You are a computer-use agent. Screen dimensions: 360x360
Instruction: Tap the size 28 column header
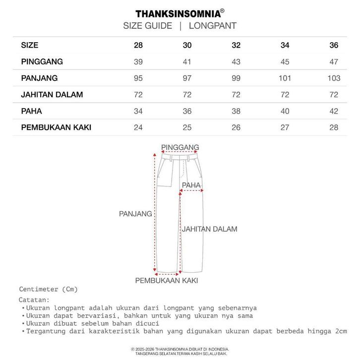pos(138,46)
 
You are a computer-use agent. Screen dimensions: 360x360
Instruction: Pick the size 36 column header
pos(334,46)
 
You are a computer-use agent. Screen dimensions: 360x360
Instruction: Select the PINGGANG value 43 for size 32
pos(236,62)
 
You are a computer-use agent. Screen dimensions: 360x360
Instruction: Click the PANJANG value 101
pos(285,78)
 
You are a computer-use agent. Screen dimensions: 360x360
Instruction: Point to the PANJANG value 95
pos(138,78)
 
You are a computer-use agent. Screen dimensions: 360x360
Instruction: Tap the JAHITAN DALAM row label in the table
pos(52,95)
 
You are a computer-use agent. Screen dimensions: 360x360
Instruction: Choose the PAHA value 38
pos(236,111)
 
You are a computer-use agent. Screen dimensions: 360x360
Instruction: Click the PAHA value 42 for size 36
pos(334,111)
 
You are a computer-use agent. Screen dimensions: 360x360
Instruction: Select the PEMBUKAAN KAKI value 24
pos(138,127)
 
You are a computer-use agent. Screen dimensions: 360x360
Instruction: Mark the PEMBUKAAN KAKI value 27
pos(285,127)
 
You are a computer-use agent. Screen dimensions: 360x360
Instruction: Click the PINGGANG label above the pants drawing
pos(180,147)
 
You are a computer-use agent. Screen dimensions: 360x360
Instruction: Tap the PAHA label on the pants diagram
pos(191,185)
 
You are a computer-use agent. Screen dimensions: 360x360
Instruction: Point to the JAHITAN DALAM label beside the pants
pos(209,229)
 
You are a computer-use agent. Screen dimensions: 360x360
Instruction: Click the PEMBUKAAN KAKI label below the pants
pos(167,280)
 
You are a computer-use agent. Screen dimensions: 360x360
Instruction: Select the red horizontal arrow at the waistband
pos(180,153)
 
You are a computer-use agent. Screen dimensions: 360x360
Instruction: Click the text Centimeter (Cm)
pos(49,289)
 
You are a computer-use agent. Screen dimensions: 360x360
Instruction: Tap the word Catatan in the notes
pos(34,300)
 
